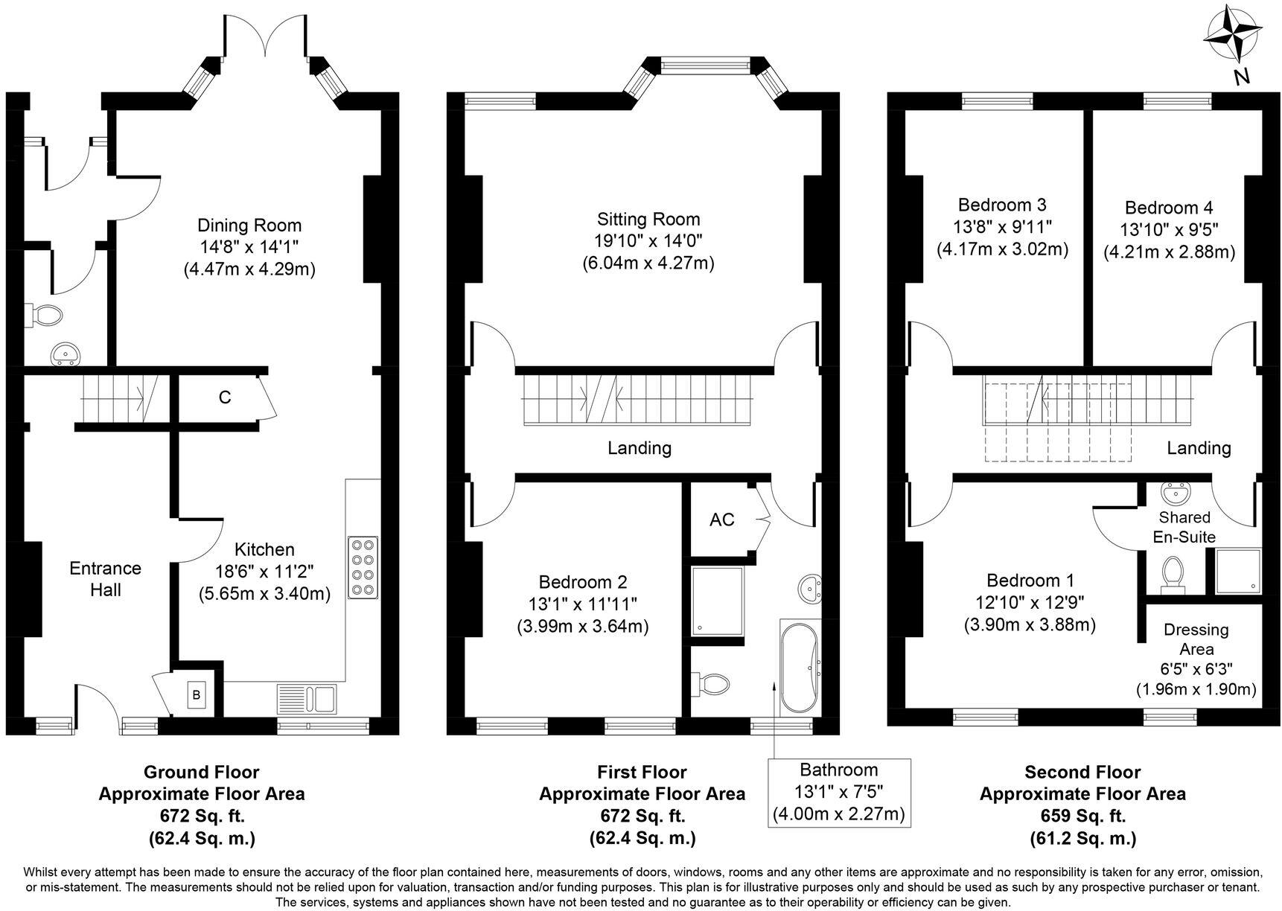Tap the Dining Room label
[249, 225]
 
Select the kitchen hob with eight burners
[363, 567]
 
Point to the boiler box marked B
[196, 695]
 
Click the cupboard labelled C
[224, 397]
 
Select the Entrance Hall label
[105, 578]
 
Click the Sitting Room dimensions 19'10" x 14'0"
[648, 240]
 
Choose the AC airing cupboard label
[721, 520]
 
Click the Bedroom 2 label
[582, 581]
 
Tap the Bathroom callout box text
[839, 791]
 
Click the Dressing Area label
[1196, 639]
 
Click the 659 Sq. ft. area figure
[1082, 816]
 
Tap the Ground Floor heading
[201, 772]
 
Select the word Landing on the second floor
[1198, 447]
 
